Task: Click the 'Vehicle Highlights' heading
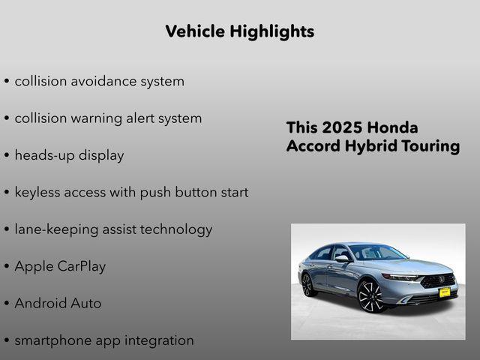[x=239, y=31]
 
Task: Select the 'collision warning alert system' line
[x=108, y=118]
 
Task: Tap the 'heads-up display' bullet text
[x=69, y=155]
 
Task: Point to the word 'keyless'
[x=39, y=192]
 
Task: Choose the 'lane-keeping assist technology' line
[x=113, y=229]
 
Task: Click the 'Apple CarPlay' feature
[x=60, y=266]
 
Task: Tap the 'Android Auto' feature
[x=58, y=304]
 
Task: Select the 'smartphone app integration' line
[x=104, y=340]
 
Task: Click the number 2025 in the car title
[x=343, y=127]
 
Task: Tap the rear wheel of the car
[x=307, y=284]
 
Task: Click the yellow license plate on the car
[x=444, y=292]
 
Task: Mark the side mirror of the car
[x=341, y=259]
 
